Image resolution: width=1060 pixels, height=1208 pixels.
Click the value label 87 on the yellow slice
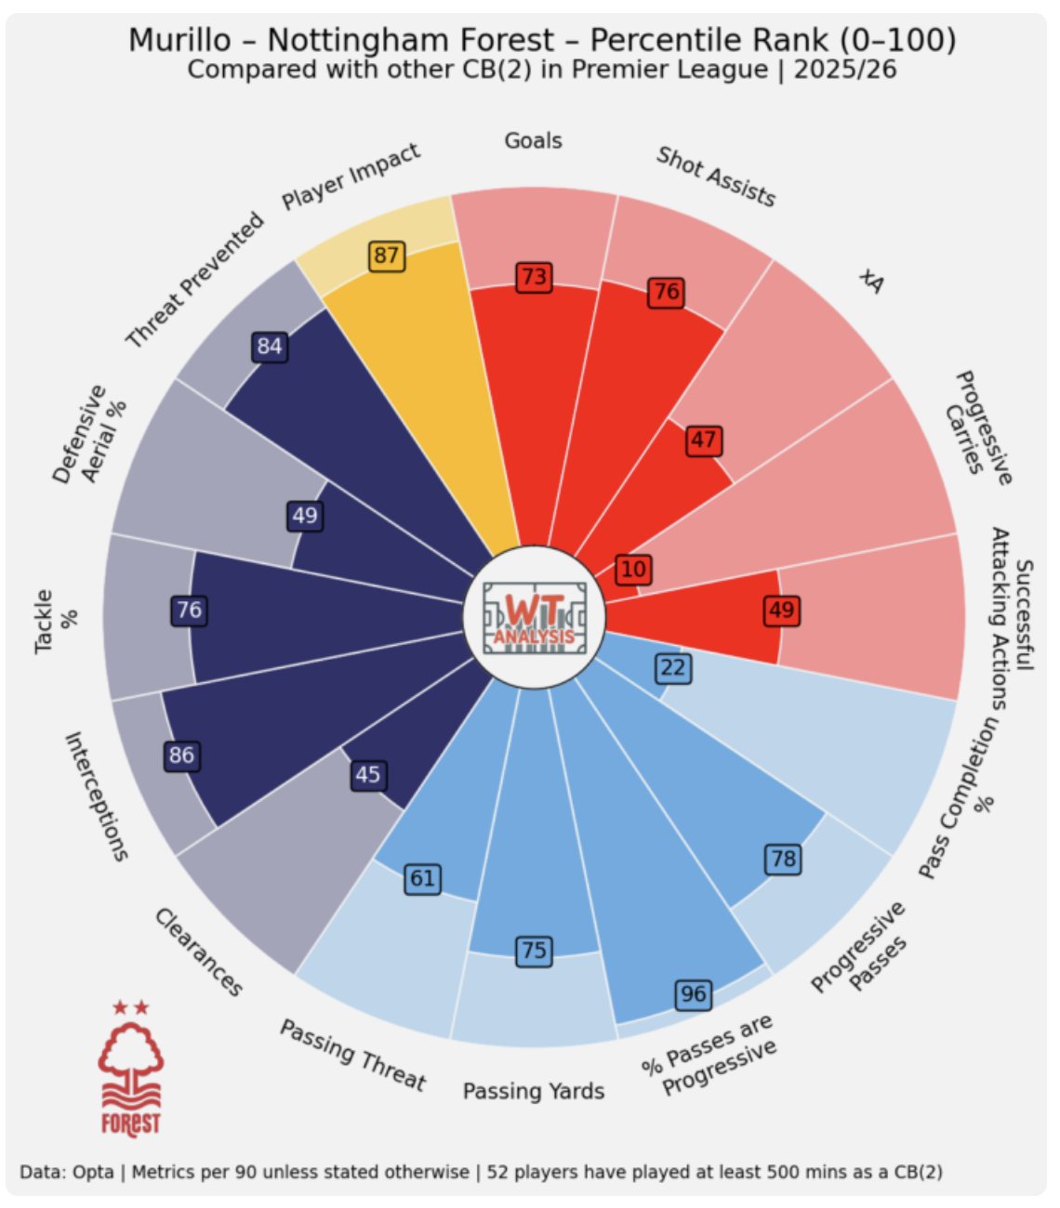tap(386, 256)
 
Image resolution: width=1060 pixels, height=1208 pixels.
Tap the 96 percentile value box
tap(693, 994)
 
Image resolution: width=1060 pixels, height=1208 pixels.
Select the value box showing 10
tap(633, 570)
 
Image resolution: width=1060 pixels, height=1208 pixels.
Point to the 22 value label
tap(672, 667)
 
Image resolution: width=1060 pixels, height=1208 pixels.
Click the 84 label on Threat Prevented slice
tap(270, 347)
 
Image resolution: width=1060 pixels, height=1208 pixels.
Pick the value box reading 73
tap(534, 277)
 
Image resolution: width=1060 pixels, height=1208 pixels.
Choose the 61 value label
tap(423, 878)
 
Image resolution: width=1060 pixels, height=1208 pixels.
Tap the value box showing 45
tap(367, 774)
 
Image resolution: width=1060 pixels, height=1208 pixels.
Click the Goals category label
tap(534, 141)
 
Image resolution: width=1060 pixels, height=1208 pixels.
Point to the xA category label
tap(871, 281)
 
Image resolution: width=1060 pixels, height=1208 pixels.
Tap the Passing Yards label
tap(534, 1091)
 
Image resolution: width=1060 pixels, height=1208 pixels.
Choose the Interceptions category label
tap(96, 796)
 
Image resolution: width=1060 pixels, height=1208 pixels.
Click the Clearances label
tap(198, 952)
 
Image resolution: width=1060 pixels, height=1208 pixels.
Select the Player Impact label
tap(351, 177)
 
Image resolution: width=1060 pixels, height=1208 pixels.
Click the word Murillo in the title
tap(179, 40)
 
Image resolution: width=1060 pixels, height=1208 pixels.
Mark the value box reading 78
tap(783, 859)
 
